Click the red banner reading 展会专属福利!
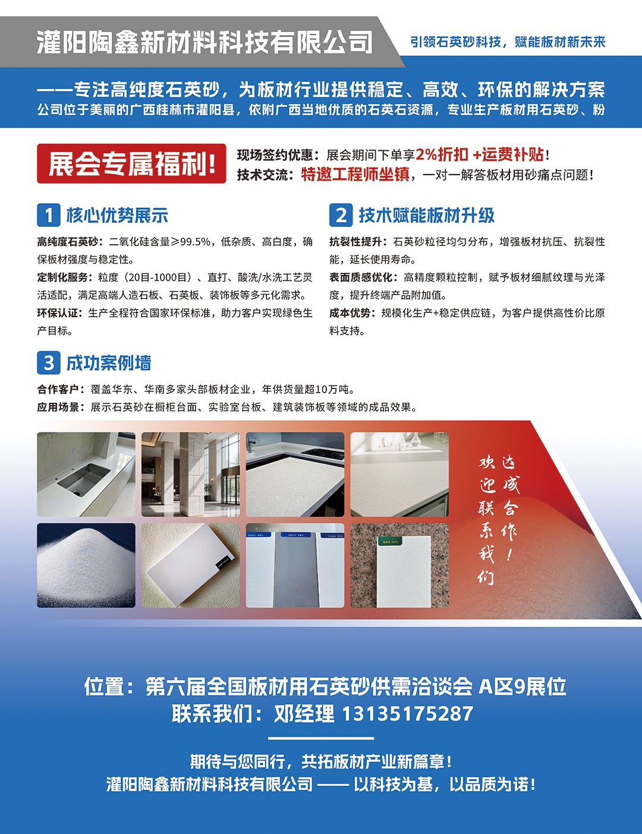click(x=131, y=163)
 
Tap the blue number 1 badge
click(x=48, y=215)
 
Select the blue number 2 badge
click(x=341, y=215)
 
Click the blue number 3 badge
click(x=48, y=363)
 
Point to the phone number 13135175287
click(x=407, y=714)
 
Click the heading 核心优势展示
click(x=117, y=215)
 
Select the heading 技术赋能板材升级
click(x=427, y=215)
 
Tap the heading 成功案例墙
click(x=109, y=363)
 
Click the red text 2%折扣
click(x=442, y=154)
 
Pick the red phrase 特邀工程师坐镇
click(x=355, y=174)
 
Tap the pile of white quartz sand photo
click(x=86, y=566)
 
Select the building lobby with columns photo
click(x=190, y=475)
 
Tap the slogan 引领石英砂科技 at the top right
click(x=456, y=42)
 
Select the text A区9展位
click(x=523, y=687)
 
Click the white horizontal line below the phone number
click(x=321, y=738)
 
